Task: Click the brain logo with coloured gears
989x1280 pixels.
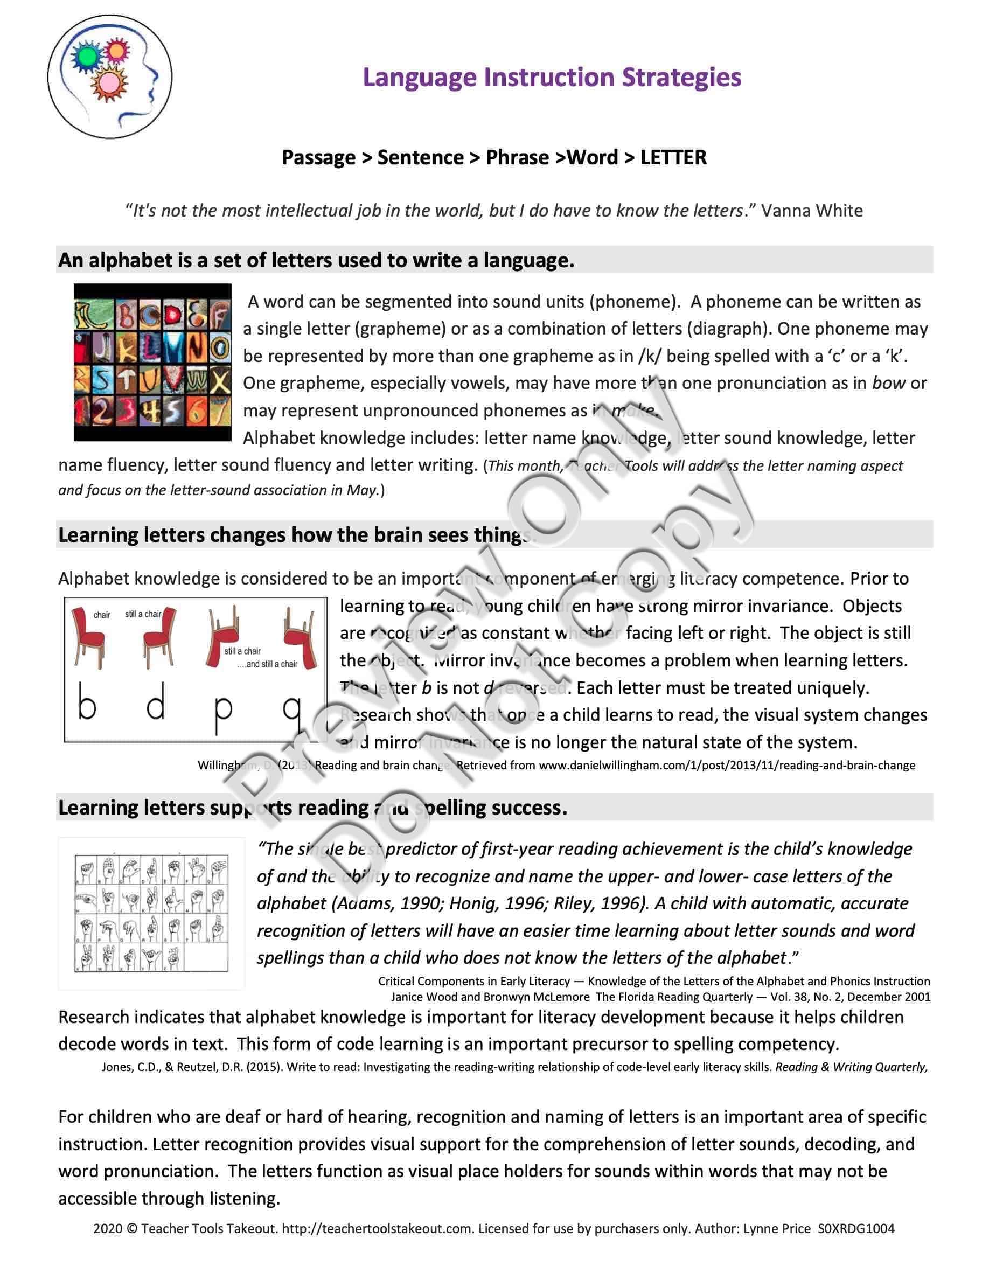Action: [x=109, y=77]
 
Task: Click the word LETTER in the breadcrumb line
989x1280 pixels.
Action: [x=673, y=158]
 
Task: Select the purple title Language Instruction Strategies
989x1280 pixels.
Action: [x=552, y=78]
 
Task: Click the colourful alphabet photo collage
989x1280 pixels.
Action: [x=152, y=362]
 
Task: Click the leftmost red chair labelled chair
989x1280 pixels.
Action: [x=88, y=636]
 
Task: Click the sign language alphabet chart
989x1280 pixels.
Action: [x=151, y=914]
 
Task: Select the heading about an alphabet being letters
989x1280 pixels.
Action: [x=316, y=260]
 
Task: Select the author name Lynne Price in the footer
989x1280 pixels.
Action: [x=777, y=1228]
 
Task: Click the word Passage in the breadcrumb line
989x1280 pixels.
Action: [x=319, y=158]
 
